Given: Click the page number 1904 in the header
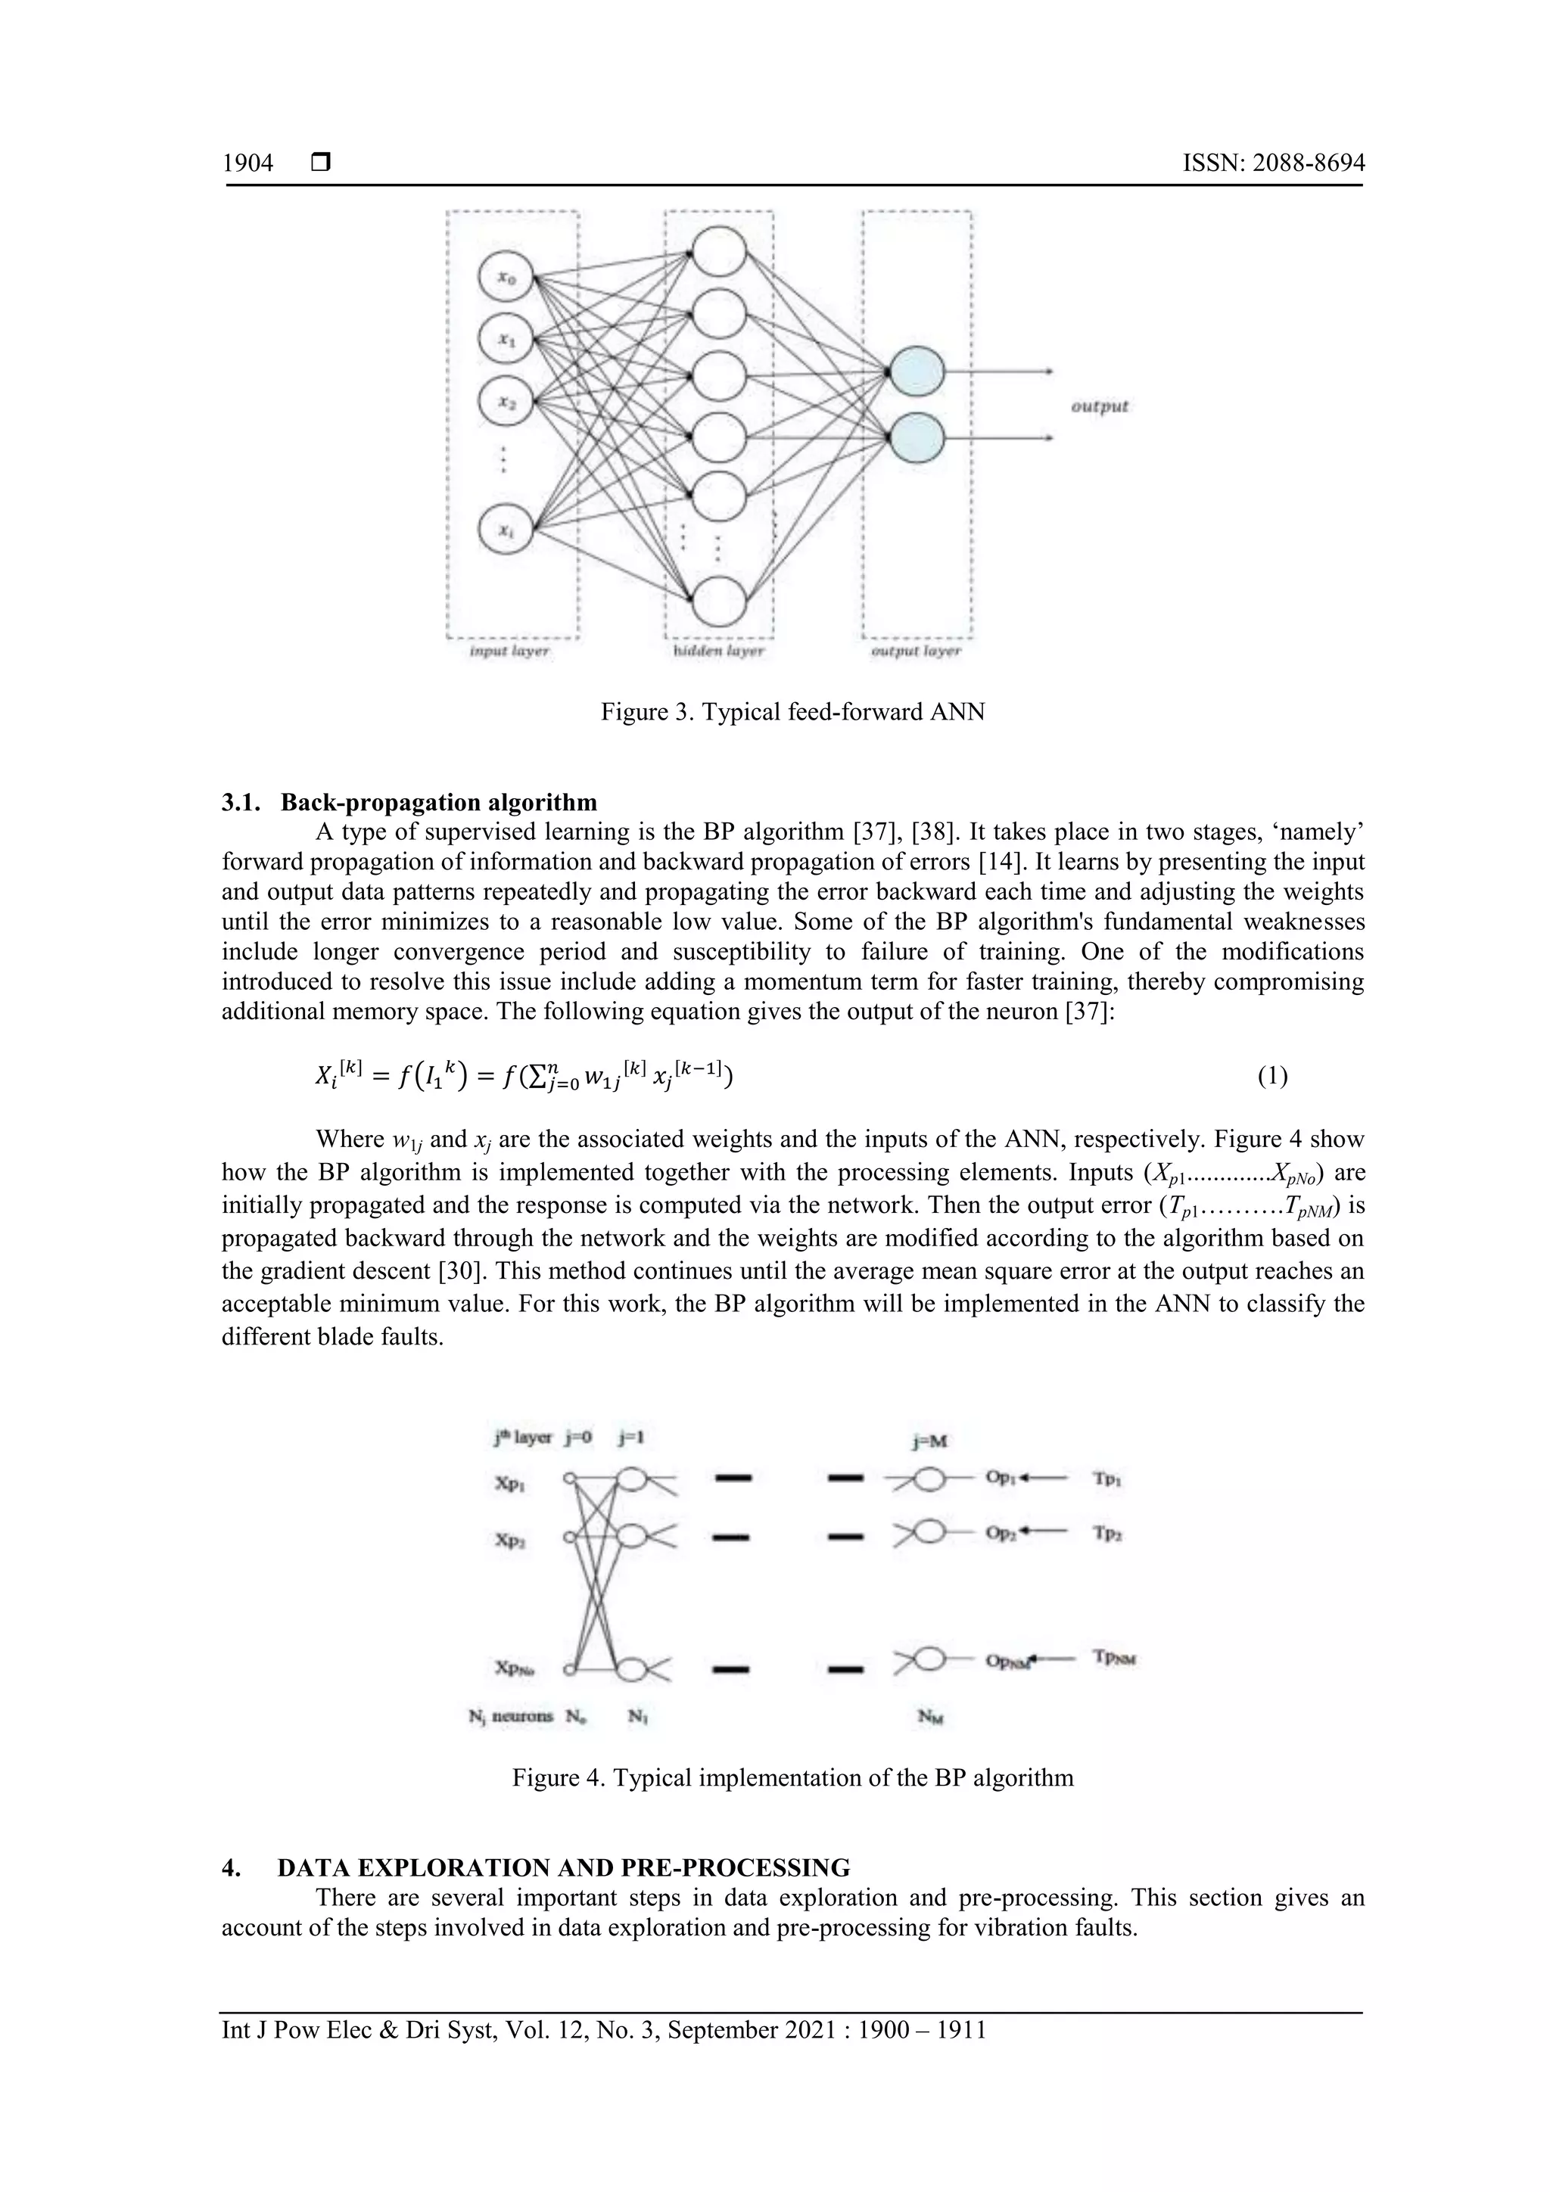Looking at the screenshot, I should (x=247, y=163).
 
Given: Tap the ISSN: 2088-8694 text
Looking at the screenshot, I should (x=1273, y=163).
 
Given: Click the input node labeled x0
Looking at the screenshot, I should (x=506, y=278).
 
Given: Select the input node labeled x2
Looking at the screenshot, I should (x=506, y=404).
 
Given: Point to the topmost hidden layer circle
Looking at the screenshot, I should (x=719, y=253).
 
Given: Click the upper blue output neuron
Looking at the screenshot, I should (x=916, y=372).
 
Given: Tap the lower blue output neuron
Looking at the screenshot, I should (x=916, y=439).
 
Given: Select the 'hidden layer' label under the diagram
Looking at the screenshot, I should (x=718, y=651).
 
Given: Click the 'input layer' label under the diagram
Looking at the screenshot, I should (x=510, y=651).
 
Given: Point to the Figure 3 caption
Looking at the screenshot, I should (x=792, y=711).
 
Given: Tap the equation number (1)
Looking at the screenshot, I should (x=1271, y=1077).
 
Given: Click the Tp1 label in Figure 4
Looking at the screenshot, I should (x=1106, y=1478).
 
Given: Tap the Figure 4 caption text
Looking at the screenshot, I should (x=792, y=1777).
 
